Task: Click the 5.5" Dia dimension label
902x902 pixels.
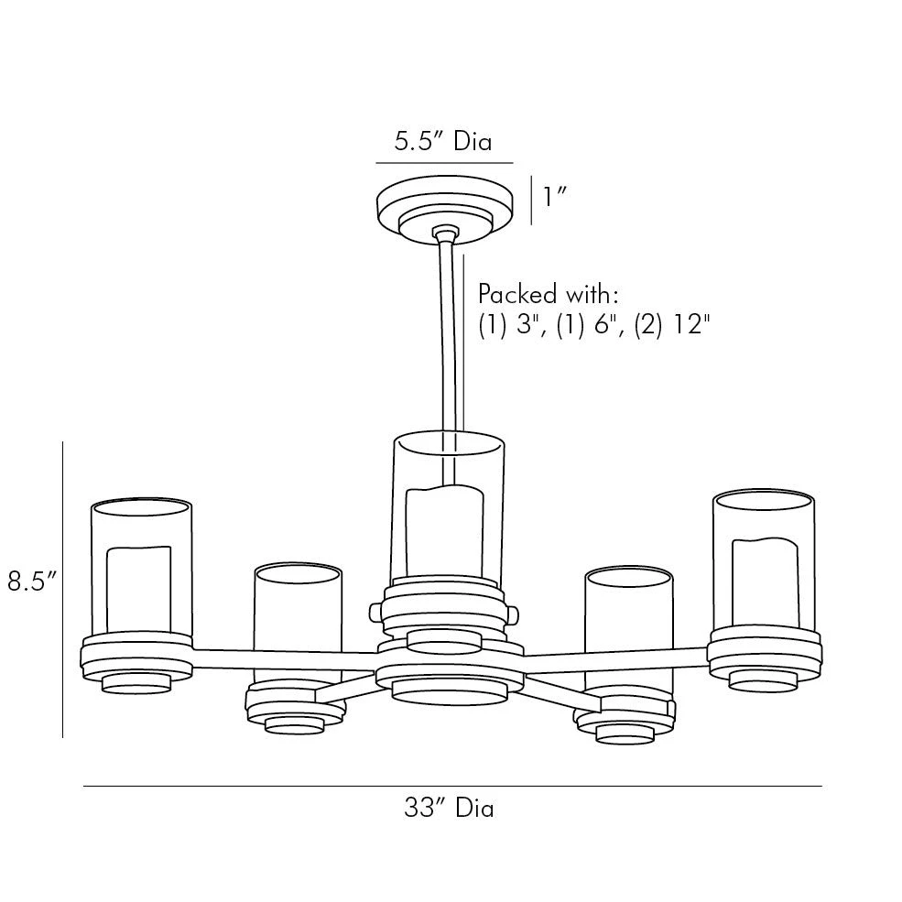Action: tap(442, 142)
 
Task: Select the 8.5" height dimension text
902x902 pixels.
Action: tap(33, 581)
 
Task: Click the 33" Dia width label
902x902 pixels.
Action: tap(449, 809)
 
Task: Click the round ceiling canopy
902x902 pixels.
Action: tap(444, 206)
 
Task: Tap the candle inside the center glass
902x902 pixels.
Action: tap(443, 531)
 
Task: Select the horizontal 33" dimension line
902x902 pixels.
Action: tap(451, 786)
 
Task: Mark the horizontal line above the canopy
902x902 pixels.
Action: tap(444, 163)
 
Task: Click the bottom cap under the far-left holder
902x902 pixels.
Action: tap(136, 684)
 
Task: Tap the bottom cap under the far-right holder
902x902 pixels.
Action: tap(764, 679)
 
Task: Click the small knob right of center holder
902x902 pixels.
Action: tap(515, 609)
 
